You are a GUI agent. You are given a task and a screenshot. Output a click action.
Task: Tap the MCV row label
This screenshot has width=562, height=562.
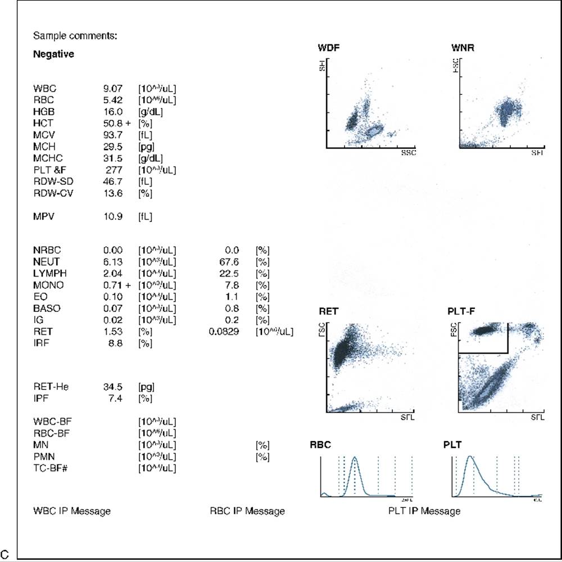click(x=44, y=135)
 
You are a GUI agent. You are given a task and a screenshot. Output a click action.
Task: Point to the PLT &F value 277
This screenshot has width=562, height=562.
click(x=114, y=170)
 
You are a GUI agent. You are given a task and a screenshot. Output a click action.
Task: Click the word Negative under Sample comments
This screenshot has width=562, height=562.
click(x=53, y=55)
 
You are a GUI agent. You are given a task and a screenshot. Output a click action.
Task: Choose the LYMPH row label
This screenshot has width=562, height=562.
click(x=47, y=273)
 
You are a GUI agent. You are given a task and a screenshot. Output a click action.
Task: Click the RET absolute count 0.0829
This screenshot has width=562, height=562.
click(x=224, y=332)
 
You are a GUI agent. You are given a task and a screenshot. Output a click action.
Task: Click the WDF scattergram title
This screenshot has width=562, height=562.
click(x=328, y=47)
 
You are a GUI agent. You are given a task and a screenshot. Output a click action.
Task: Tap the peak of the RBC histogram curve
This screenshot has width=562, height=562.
click(x=355, y=457)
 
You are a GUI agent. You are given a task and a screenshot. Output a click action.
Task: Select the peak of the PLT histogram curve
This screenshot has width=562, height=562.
click(x=470, y=457)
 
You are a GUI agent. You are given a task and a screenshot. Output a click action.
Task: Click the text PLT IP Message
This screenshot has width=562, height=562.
click(x=424, y=511)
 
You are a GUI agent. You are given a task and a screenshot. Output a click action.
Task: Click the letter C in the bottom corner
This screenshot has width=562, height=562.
click(x=5, y=555)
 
